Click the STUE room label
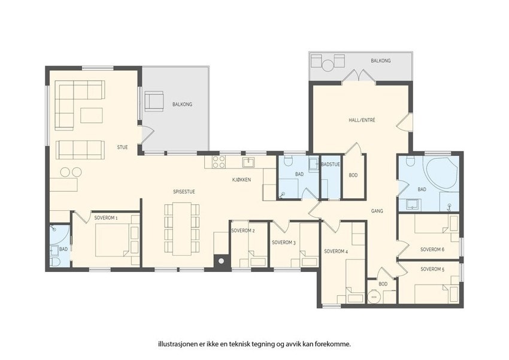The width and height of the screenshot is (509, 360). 122,147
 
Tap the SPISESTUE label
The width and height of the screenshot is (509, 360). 184,192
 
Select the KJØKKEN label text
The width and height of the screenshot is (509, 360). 241,180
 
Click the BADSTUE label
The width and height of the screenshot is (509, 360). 331,165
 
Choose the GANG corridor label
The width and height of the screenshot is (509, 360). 377,211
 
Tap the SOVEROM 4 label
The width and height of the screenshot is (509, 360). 337,251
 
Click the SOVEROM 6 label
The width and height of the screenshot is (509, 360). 432,250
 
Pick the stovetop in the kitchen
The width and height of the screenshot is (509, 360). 219,162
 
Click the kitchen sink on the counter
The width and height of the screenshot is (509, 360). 249,162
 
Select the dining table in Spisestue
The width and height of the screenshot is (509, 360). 182,229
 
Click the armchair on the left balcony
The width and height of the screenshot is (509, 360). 154,101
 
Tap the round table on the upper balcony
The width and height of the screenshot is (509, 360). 328,65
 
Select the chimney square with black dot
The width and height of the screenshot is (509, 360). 222,261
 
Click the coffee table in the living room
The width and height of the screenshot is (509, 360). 92,116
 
